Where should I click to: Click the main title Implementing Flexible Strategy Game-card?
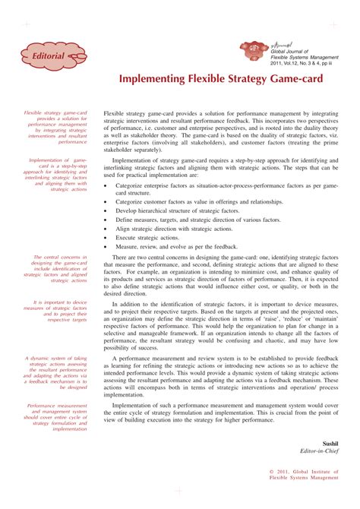[219, 79]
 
